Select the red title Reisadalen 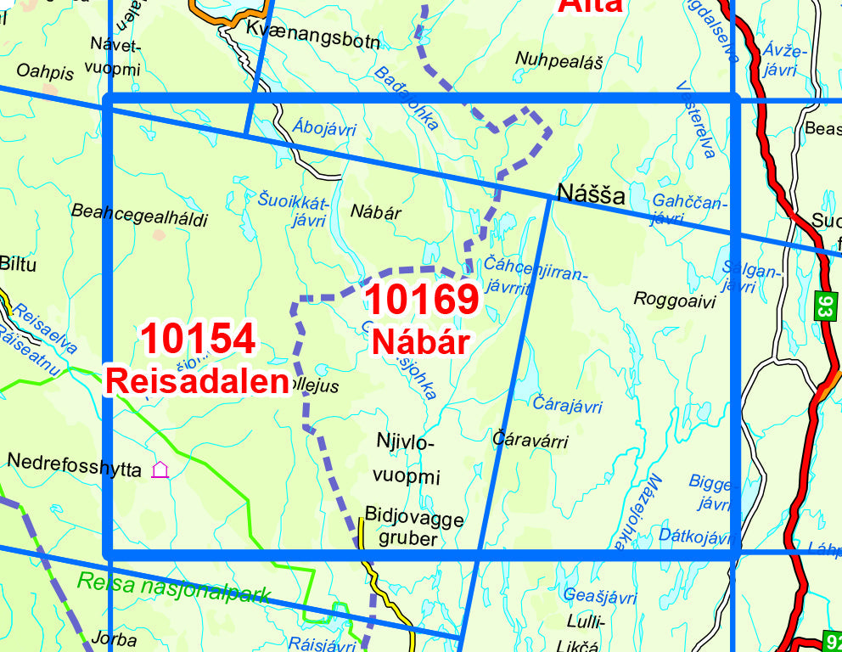[197, 381]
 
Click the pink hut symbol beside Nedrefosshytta [160, 469]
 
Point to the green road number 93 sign [823, 306]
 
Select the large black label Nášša [591, 195]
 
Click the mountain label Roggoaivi [675, 300]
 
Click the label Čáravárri [530, 441]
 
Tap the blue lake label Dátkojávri [694, 537]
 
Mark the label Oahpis [45, 73]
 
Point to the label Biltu [19, 264]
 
